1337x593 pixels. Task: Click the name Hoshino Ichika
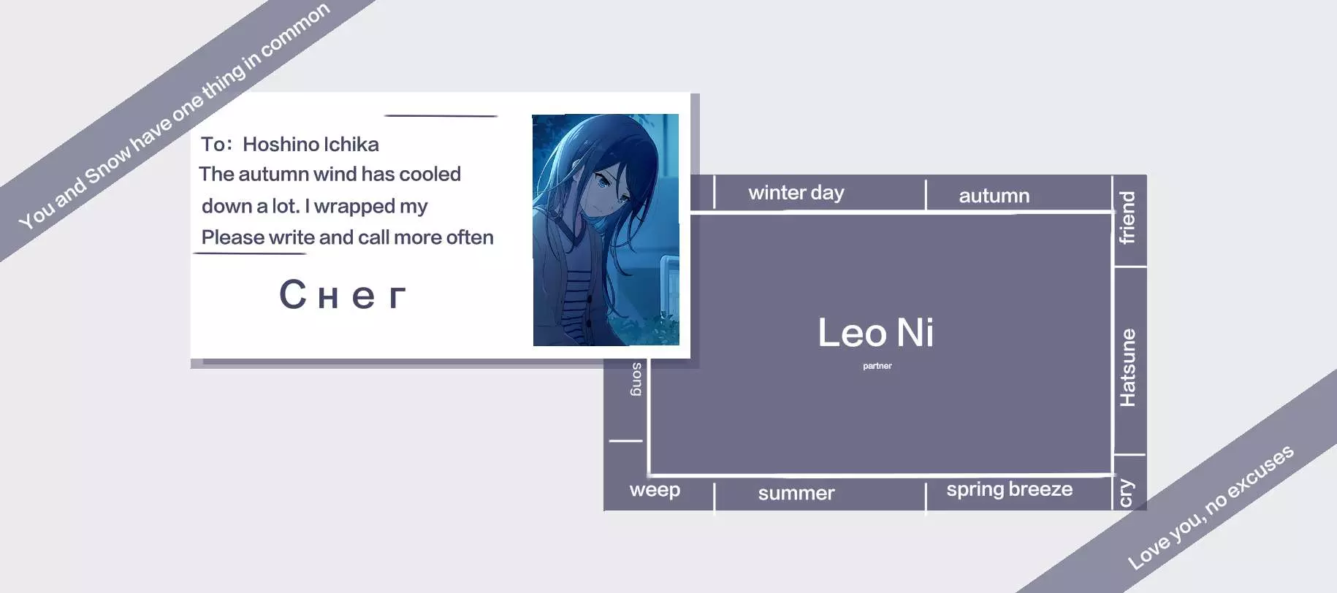point(311,145)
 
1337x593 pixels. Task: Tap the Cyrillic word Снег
point(343,295)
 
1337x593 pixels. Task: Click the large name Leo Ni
point(875,332)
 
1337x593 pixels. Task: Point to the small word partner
point(877,366)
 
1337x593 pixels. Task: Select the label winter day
point(796,193)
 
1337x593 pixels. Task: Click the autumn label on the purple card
point(994,196)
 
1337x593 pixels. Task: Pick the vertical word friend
point(1127,218)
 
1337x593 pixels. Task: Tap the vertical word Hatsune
point(1128,367)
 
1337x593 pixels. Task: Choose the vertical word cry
point(1127,492)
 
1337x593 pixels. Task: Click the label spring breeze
point(1010,489)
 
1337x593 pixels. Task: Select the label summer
point(796,494)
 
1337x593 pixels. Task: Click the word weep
point(655,490)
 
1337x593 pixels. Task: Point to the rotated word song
point(636,379)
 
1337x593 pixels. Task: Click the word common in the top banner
point(296,30)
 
